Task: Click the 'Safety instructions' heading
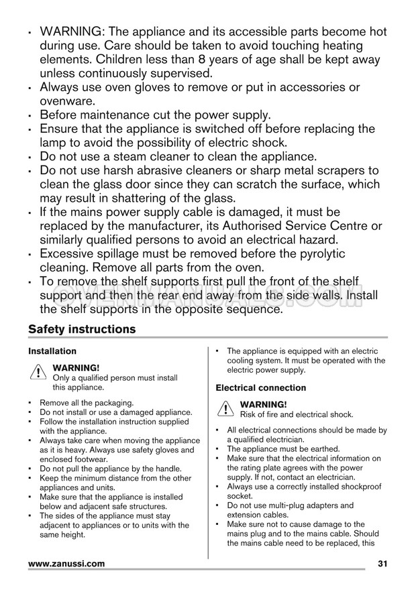tap(82, 329)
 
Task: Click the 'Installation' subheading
tap(52, 351)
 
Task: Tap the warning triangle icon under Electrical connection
tap(225, 409)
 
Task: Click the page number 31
tap(383, 564)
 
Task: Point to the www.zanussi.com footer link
tap(66, 564)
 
